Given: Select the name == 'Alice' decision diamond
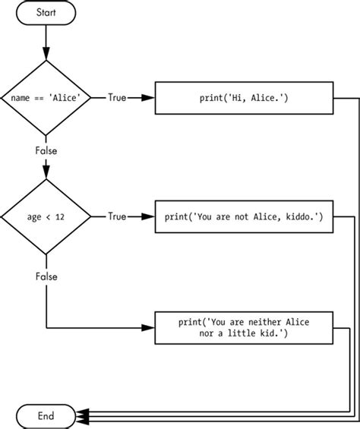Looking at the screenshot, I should click(46, 98).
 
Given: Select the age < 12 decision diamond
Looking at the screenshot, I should click(46, 216).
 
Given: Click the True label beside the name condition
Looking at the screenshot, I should click(117, 98).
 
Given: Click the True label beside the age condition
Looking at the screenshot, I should click(117, 216).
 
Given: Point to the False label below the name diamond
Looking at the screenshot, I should click(46, 150).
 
